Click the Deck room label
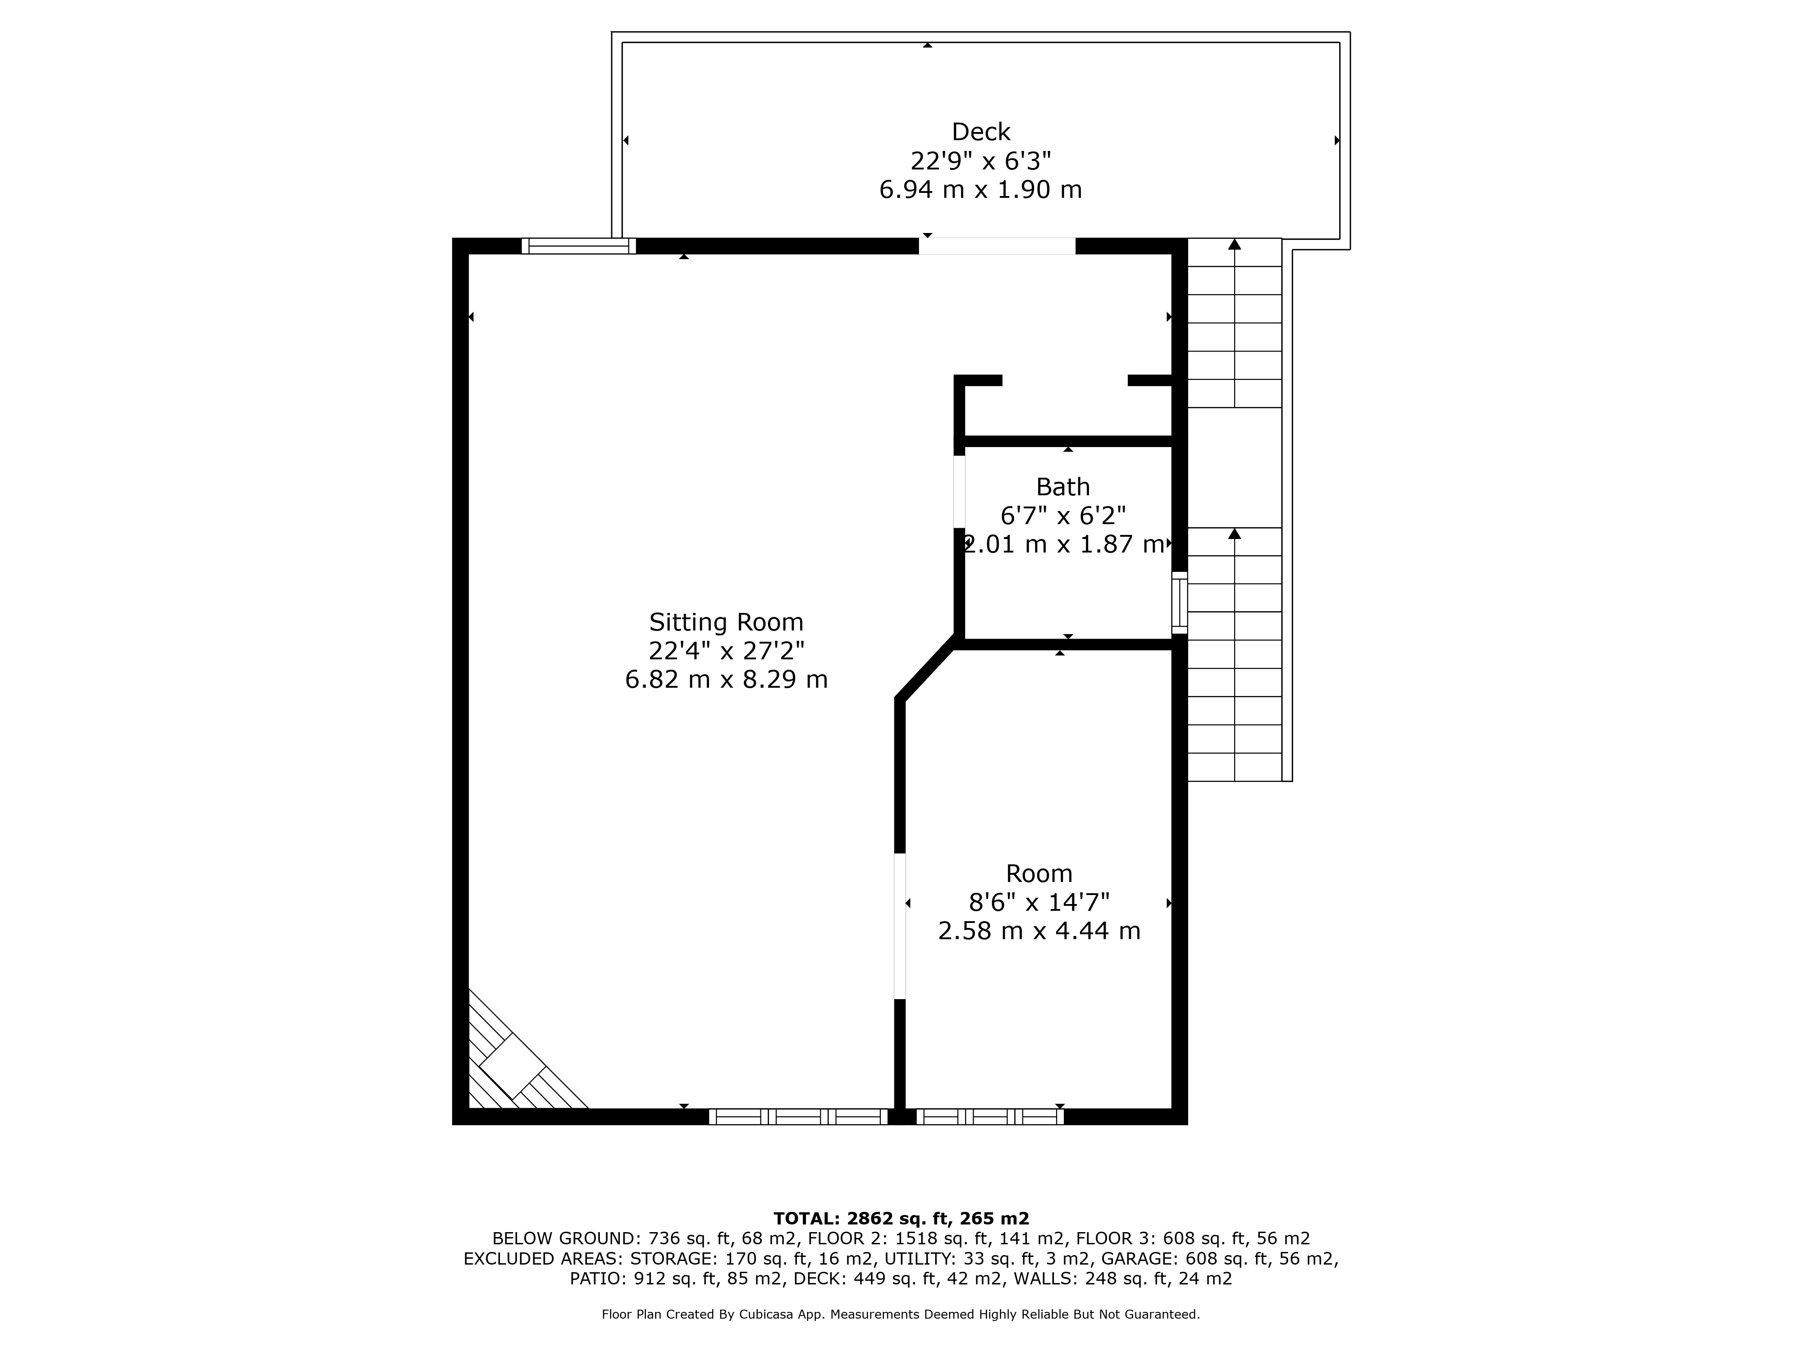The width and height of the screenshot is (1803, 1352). click(x=980, y=132)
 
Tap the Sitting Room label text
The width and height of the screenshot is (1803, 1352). click(x=726, y=623)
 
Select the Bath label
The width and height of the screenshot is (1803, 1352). click(x=1063, y=487)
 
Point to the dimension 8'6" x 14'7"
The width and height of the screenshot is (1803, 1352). click(x=1039, y=902)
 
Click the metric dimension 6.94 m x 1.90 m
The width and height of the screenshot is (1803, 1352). click(x=980, y=190)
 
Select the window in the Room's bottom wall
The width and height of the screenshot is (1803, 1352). click(x=989, y=1116)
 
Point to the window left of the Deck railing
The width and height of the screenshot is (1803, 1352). click(x=579, y=246)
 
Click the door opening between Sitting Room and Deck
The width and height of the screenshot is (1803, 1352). click(x=997, y=246)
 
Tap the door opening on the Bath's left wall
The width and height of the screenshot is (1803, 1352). click(x=959, y=491)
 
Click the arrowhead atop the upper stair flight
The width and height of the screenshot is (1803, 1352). click(x=1235, y=244)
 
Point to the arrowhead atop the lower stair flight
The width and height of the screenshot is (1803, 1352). click(x=1235, y=534)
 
